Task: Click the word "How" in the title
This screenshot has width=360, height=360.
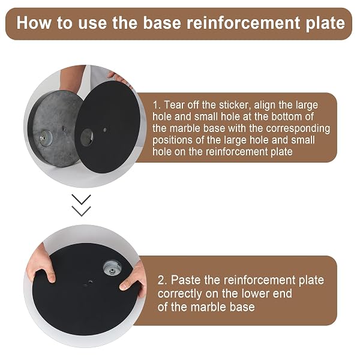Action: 34,23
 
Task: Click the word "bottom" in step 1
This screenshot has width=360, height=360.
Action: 285,116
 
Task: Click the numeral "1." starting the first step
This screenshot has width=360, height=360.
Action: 157,105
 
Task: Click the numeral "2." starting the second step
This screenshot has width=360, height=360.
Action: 162,280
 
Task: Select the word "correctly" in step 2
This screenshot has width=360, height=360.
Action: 180,294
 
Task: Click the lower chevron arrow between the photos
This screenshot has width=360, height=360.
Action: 81,211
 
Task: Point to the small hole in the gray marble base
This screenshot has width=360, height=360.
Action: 64,128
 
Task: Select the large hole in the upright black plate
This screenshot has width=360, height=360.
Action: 87,137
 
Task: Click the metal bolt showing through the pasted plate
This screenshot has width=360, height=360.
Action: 112,268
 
